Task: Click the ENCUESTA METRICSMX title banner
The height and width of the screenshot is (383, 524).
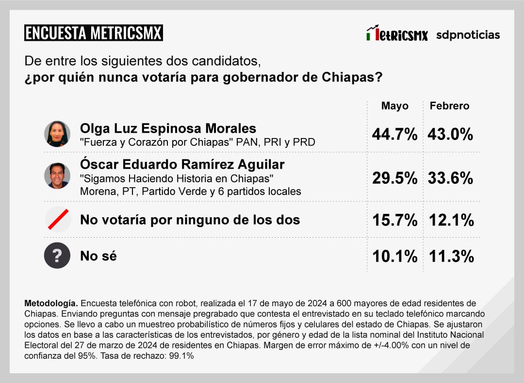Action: (x=93, y=33)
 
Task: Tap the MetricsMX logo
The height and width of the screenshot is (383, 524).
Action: (x=397, y=34)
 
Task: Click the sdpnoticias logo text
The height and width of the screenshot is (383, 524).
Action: (x=468, y=35)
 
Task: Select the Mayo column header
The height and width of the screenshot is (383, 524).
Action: (x=394, y=106)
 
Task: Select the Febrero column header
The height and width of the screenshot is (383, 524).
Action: (x=450, y=106)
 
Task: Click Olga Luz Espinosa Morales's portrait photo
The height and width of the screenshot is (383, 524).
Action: (x=57, y=134)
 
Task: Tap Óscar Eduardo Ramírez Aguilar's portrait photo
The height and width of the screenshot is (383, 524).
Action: (x=57, y=175)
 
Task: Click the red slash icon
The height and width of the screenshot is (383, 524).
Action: (x=57, y=219)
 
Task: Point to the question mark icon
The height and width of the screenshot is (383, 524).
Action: (x=57, y=255)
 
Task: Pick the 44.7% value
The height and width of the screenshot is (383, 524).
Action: (x=394, y=135)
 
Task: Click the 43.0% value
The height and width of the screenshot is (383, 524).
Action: (x=450, y=135)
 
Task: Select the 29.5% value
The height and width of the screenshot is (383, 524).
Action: (x=394, y=178)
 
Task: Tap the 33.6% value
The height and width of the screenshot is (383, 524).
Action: (x=450, y=178)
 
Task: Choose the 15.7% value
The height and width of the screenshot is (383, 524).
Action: (x=394, y=220)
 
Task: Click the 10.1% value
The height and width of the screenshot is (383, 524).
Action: (x=394, y=256)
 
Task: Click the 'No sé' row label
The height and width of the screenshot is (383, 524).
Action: (x=98, y=256)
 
